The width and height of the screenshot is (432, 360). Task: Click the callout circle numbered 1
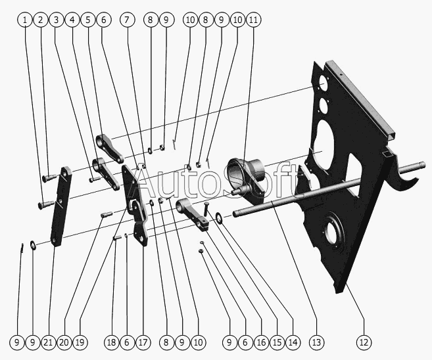coord(25,20)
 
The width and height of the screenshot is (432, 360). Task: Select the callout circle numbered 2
coord(41,20)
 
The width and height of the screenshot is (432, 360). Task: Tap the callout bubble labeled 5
coord(88,20)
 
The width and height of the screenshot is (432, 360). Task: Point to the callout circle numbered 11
coord(254,20)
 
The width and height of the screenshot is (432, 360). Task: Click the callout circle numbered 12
coord(364,342)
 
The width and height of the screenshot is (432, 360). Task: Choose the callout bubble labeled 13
coord(318,342)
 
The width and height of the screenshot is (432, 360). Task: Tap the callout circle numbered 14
coord(293,342)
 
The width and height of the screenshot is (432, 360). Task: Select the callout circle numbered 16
coord(261,342)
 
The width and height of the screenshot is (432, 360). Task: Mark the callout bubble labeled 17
coord(143,342)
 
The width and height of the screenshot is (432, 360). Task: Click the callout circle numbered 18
coord(112,342)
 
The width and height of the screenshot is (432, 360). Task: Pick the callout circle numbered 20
coord(64,342)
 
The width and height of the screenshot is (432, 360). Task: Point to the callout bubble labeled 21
coord(48,342)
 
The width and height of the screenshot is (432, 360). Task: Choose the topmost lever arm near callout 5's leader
coord(110,147)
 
